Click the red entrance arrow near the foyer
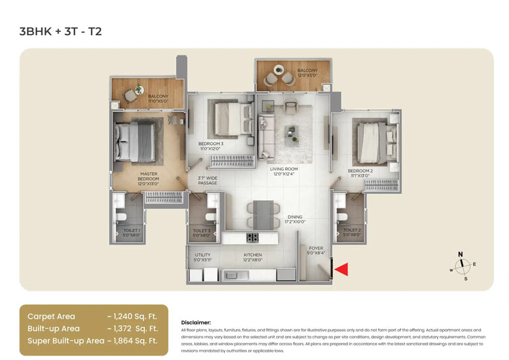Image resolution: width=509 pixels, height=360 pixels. click(342, 270)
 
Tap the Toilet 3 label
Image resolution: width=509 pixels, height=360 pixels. click(202, 232)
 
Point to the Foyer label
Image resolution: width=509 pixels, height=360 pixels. click(316, 249)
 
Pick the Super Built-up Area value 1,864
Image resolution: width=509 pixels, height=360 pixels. click(136, 341)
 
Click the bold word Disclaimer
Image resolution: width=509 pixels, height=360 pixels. click(196, 322)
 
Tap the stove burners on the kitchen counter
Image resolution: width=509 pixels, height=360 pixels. click(252, 238)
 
